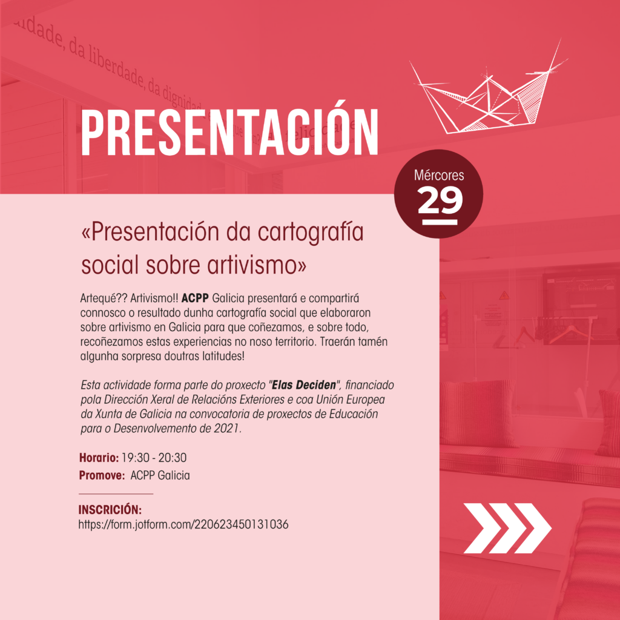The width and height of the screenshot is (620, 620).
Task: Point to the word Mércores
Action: point(439,175)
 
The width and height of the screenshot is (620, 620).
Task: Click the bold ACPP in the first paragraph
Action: point(194,298)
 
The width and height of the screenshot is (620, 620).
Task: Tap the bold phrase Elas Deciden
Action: point(304,384)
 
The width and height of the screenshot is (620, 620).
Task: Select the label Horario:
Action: point(99,458)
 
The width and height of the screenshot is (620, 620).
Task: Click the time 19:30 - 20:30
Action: point(154,458)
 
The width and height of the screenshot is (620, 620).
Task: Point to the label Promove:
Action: point(102,475)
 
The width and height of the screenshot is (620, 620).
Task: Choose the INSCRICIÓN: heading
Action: point(110,510)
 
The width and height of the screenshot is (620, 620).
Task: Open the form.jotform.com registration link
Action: point(183,525)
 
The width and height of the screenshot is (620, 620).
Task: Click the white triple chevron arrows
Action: point(507,528)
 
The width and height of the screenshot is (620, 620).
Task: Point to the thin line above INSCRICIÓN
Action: point(116,494)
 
